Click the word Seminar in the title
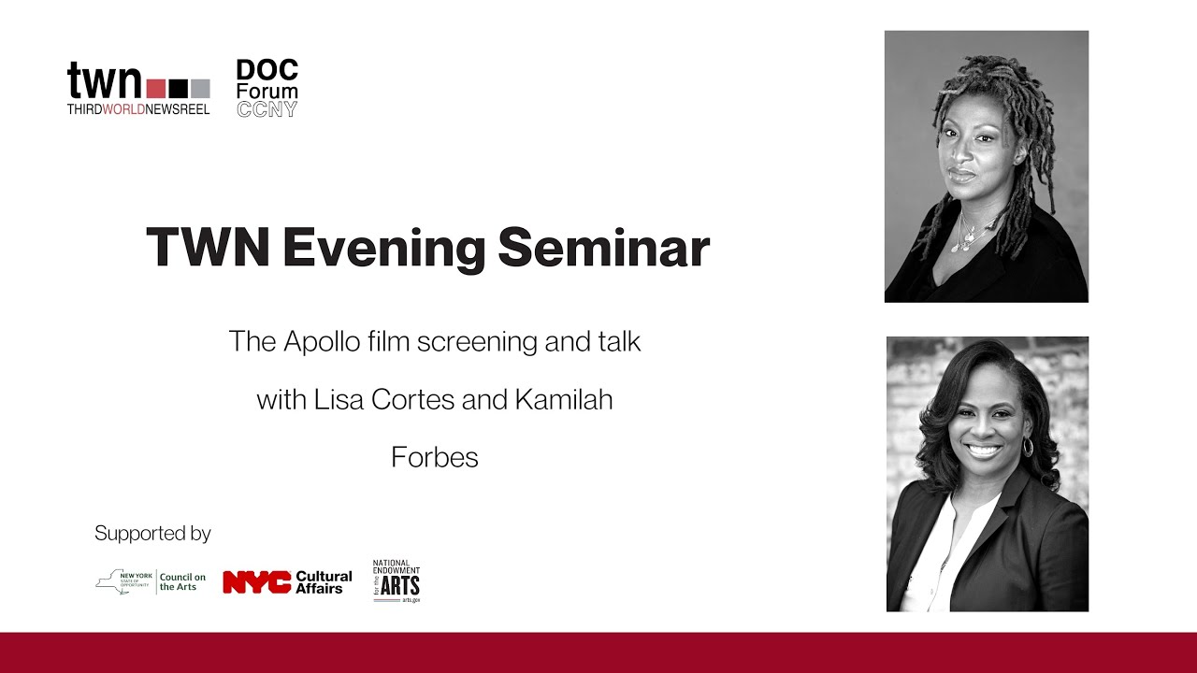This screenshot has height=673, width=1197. click(603, 249)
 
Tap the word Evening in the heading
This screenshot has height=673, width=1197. click(383, 249)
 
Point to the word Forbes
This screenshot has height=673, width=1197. click(435, 458)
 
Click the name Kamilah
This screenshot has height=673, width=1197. click(563, 400)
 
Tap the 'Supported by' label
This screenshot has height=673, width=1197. click(152, 534)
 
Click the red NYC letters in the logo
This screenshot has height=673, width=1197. click(256, 582)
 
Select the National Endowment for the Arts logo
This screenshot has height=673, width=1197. click(397, 581)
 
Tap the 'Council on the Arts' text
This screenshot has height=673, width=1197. click(182, 582)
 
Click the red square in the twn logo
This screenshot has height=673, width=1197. click(156, 89)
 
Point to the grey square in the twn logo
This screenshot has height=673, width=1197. click(201, 89)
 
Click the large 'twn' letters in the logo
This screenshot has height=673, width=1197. click(104, 82)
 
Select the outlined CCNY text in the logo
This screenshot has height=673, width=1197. click(267, 109)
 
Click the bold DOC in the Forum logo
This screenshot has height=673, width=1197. click(267, 71)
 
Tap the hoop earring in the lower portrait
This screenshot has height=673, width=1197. click(1028, 447)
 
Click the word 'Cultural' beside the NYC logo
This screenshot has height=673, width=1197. click(324, 576)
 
